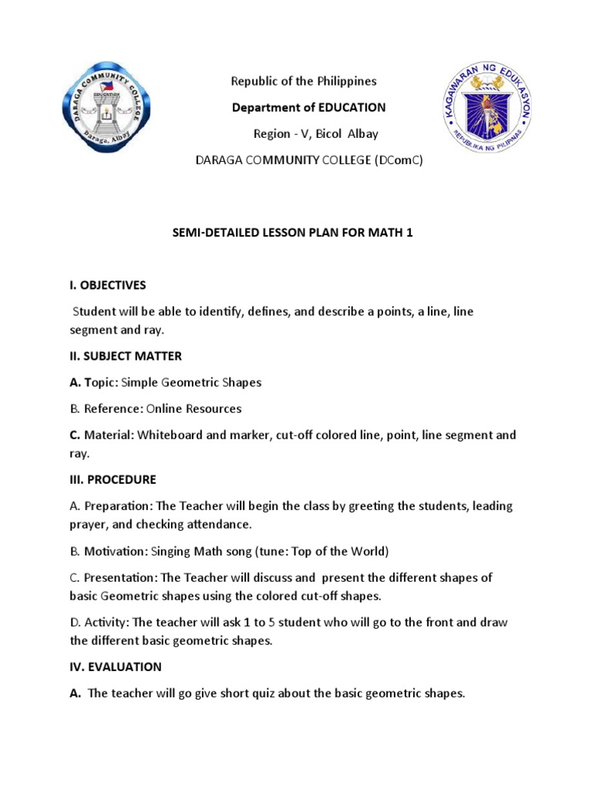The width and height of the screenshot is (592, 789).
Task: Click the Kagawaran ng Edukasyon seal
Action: pos(486,109)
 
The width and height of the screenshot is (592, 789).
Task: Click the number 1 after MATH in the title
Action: pos(410,232)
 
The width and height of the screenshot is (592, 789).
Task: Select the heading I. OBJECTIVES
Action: pos(108,285)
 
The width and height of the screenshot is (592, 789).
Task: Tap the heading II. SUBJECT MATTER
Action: pos(126,356)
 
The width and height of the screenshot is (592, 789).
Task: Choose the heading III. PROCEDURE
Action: pos(113,479)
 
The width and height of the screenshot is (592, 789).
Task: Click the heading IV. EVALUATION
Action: pos(116,666)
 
